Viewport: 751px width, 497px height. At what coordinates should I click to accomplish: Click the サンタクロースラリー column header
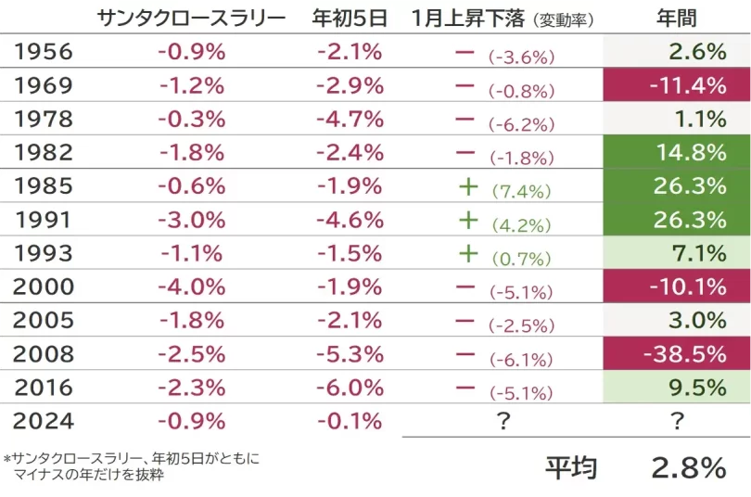(192, 18)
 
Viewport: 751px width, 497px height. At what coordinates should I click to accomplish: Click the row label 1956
(44, 52)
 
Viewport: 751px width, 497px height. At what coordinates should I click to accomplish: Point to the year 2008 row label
(44, 353)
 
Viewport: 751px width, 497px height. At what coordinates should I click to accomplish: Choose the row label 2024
(44, 420)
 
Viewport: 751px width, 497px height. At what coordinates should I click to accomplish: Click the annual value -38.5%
(687, 353)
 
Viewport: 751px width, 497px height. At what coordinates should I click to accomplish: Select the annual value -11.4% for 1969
(687, 85)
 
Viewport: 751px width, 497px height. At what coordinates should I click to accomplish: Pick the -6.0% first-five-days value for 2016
(350, 387)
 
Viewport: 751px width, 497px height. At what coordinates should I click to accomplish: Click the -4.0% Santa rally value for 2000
(192, 287)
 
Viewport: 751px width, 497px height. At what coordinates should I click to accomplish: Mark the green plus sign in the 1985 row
(468, 186)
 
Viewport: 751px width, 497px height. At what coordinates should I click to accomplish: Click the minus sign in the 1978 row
(465, 120)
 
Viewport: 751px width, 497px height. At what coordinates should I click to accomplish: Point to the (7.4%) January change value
(521, 191)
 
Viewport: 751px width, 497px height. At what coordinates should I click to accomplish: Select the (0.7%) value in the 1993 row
(521, 258)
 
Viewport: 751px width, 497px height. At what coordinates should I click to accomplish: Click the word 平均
(571, 468)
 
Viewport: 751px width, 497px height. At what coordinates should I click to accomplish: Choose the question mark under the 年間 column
(677, 421)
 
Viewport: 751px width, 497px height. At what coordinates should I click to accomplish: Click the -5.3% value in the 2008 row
(350, 353)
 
